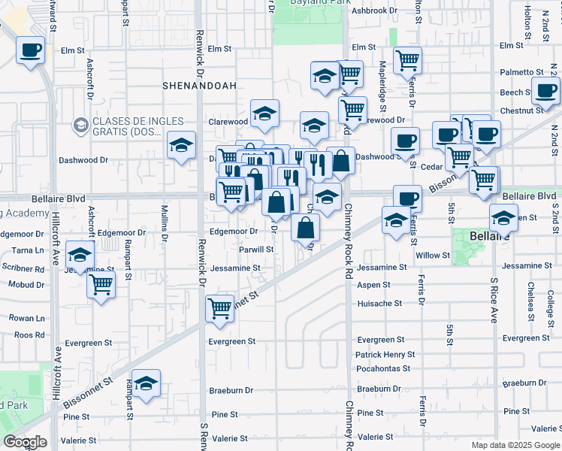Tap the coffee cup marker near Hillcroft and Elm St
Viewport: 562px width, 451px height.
click(x=31, y=51)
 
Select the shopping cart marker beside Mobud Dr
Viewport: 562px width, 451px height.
click(x=100, y=285)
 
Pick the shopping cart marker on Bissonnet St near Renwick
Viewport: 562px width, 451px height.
click(x=219, y=307)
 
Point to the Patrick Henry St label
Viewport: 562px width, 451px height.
click(x=385, y=354)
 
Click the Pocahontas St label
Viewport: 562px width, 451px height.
click(x=382, y=368)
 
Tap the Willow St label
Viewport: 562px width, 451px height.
click(x=432, y=256)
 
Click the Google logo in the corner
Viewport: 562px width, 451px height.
click(x=25, y=442)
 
